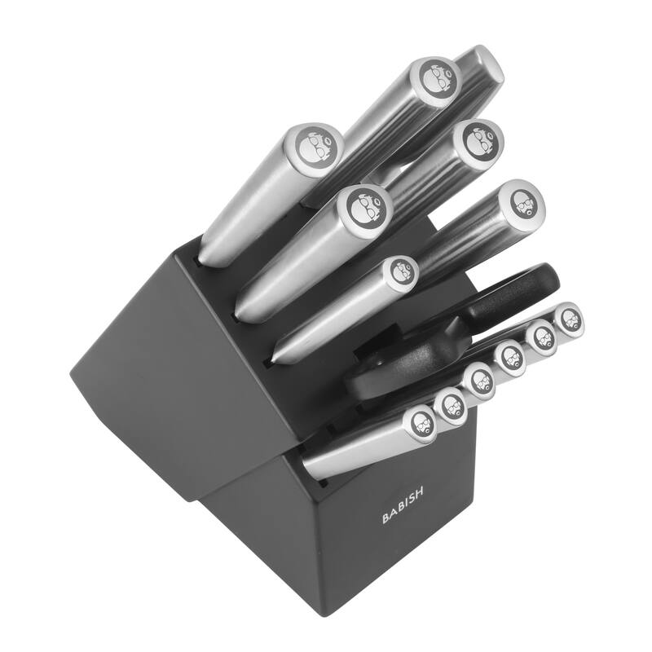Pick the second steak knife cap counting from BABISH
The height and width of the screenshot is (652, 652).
click(450, 402)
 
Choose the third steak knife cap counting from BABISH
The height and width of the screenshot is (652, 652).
click(481, 379)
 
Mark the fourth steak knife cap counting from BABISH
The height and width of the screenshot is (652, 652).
click(511, 356)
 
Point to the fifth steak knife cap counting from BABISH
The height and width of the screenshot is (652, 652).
click(540, 335)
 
